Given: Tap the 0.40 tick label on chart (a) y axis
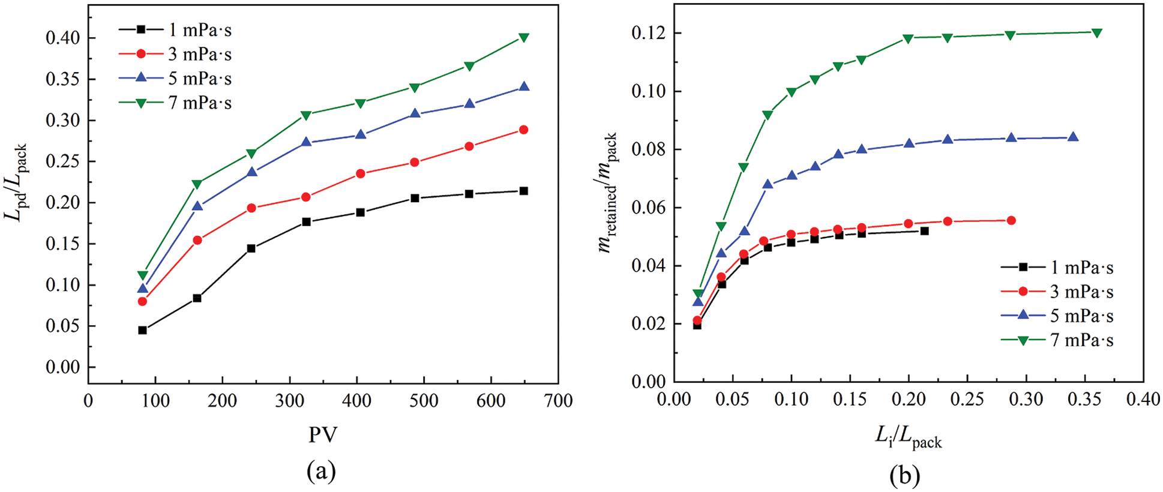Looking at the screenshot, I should pyautogui.click(x=62, y=38).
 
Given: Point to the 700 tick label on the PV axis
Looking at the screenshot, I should pyautogui.click(x=557, y=401).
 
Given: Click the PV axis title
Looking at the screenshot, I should pyautogui.click(x=322, y=434).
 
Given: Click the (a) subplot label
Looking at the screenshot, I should pyautogui.click(x=321, y=472).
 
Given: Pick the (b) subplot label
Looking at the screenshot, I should pyautogui.click(x=905, y=475).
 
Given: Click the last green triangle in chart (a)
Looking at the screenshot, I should pyautogui.click(x=523, y=38).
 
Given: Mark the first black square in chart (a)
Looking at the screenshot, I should pyautogui.click(x=142, y=330).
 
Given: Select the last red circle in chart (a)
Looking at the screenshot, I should pyautogui.click(x=523, y=130).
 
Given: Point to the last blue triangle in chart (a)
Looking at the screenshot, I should pyautogui.click(x=523, y=87).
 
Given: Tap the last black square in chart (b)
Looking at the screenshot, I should pyautogui.click(x=924, y=231).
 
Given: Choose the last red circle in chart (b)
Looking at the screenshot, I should pyautogui.click(x=1011, y=221).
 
